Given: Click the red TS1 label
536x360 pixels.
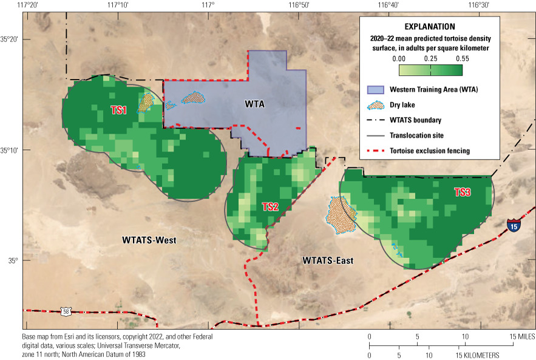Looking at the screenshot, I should click(118, 110).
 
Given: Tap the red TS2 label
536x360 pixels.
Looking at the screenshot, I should click(270, 207).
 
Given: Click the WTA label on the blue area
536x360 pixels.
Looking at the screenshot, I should click(255, 104).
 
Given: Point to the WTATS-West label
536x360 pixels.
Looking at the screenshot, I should click(149, 240).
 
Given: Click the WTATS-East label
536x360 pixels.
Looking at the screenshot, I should click(328, 261).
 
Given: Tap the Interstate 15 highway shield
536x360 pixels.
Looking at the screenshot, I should click(514, 226).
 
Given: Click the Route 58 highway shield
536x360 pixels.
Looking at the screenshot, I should click(65, 311).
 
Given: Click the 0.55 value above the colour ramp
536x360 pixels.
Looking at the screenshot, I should click(462, 58).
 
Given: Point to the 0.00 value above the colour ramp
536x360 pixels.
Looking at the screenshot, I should click(399, 58).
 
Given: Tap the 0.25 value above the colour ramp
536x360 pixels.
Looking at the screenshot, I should click(430, 58).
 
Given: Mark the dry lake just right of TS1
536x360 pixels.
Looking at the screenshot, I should click(146, 102).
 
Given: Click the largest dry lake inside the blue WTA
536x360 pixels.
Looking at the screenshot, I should click(194, 97).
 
